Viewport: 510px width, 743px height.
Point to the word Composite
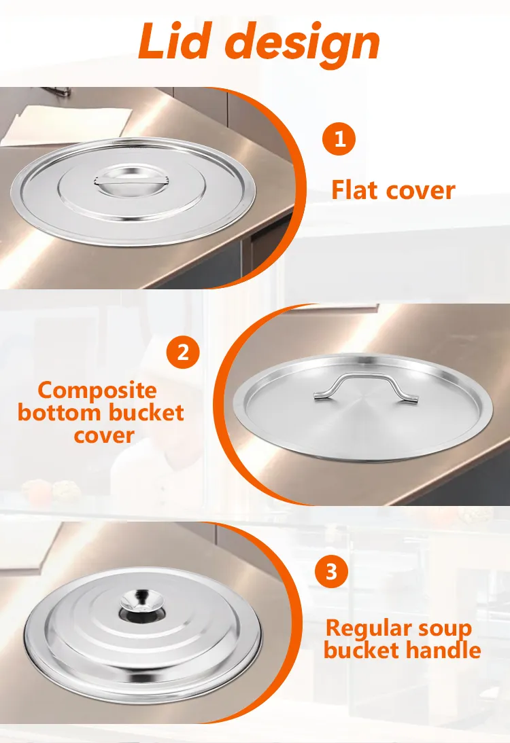pyautogui.click(x=97, y=391)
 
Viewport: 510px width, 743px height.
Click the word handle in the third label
pyautogui.click(x=442, y=650)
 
